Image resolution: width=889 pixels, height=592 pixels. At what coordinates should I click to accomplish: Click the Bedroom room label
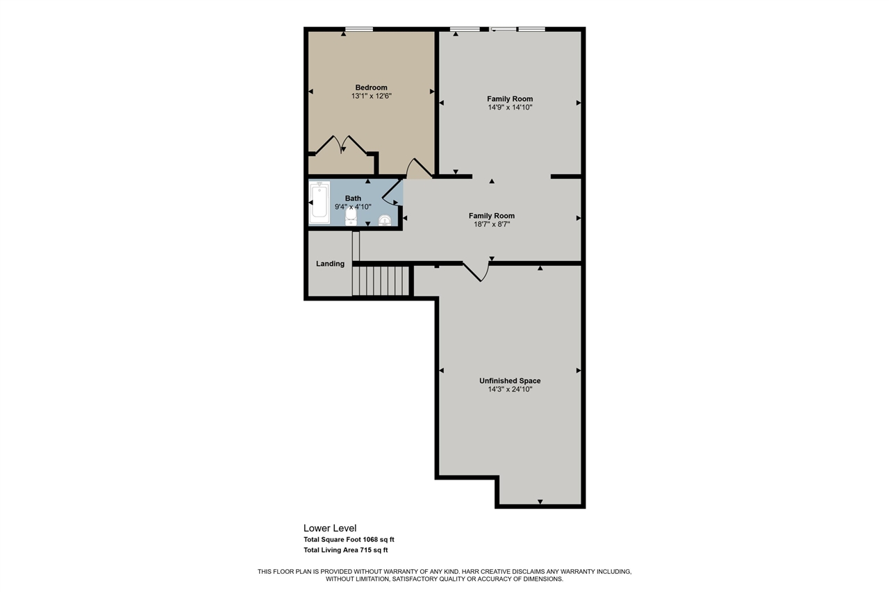click(372, 87)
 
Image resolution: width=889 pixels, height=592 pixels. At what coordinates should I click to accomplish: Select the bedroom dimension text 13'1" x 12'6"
click(372, 96)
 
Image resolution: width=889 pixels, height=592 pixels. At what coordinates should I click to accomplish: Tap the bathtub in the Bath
click(319, 203)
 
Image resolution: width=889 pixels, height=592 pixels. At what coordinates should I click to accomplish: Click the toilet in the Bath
click(350, 218)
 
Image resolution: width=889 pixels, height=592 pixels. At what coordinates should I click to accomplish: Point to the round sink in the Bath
click(385, 221)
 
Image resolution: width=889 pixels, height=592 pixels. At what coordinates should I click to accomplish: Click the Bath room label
click(353, 198)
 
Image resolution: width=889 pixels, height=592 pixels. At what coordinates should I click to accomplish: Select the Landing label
click(330, 264)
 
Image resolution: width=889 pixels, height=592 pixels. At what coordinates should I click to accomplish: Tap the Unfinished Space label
click(510, 380)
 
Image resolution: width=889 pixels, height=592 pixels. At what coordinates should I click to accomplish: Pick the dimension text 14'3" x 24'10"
click(510, 389)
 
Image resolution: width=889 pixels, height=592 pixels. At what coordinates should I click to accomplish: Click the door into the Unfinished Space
click(476, 271)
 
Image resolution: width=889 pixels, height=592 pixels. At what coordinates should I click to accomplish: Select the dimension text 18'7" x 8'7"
click(491, 225)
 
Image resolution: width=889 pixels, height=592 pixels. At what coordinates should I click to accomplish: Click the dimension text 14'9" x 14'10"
click(510, 108)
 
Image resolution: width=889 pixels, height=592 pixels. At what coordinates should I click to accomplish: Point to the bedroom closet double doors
click(340, 145)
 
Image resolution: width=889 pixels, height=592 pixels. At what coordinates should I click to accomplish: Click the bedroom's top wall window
click(359, 29)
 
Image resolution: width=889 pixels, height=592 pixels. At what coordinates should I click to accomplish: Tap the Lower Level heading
click(330, 528)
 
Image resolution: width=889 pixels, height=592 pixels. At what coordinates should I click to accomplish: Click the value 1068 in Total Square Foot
click(372, 539)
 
